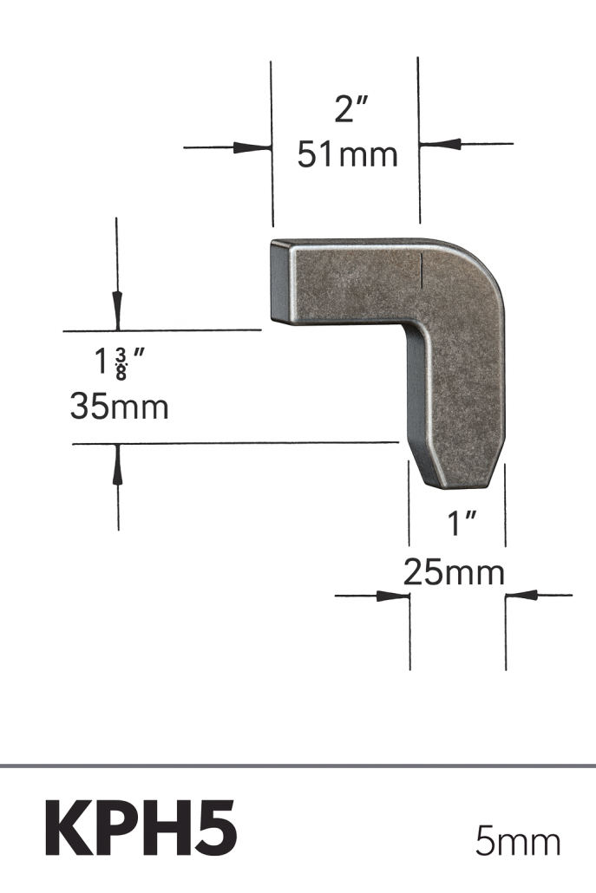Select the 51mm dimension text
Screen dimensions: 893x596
click(x=347, y=155)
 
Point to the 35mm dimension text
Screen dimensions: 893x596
click(x=119, y=407)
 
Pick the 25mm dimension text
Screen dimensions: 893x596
click(x=454, y=572)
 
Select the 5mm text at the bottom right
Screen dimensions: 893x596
click(x=517, y=841)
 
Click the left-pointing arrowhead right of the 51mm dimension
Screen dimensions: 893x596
click(x=438, y=143)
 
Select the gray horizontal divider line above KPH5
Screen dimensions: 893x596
click(x=298, y=766)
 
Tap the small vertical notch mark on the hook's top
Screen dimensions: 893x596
click(x=422, y=270)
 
